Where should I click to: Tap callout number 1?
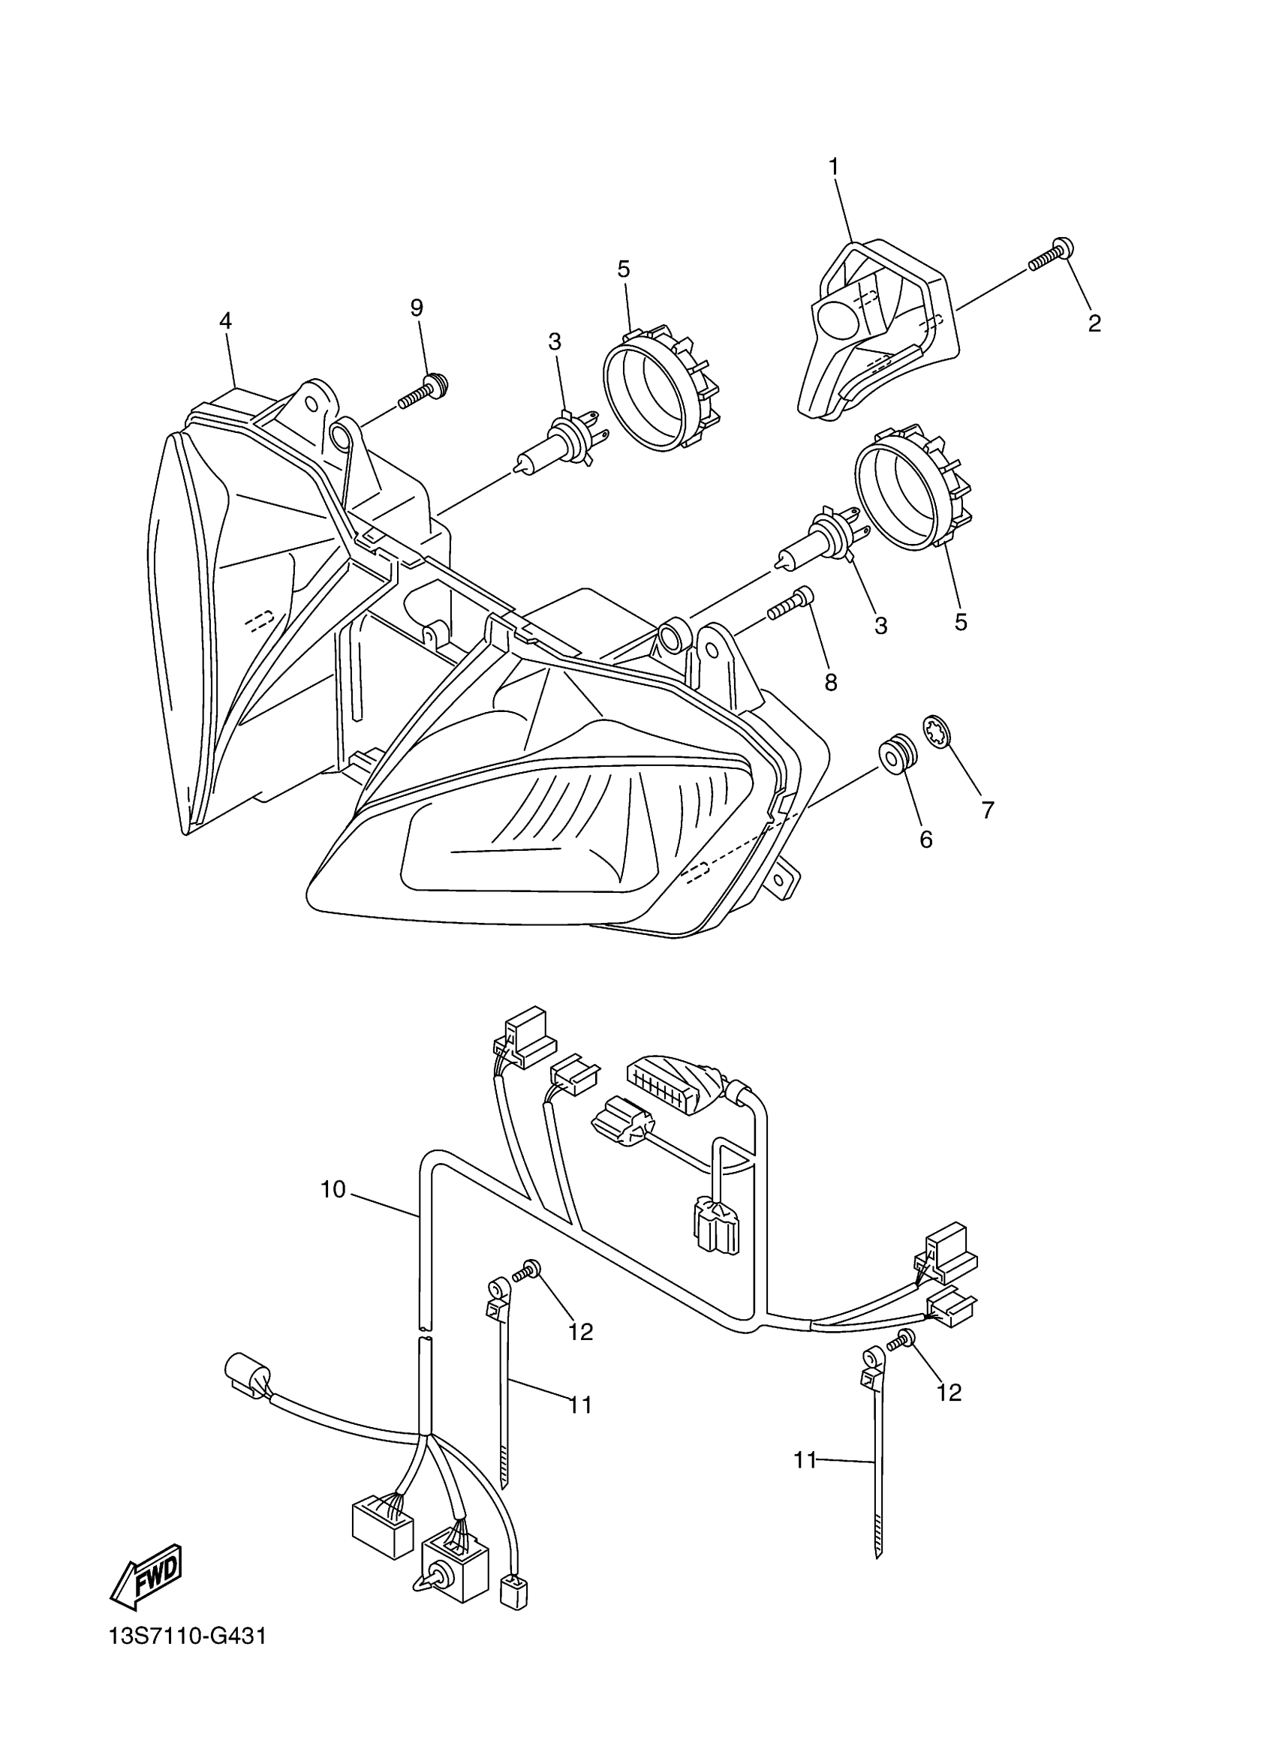pyautogui.click(x=833, y=166)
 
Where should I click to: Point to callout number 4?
pyautogui.click(x=225, y=320)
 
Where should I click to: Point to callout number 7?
pyautogui.click(x=987, y=810)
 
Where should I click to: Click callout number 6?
pyautogui.click(x=925, y=840)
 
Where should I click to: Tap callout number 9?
pyautogui.click(x=417, y=308)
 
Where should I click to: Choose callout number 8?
pyautogui.click(x=831, y=682)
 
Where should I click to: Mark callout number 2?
pyautogui.click(x=1094, y=323)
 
